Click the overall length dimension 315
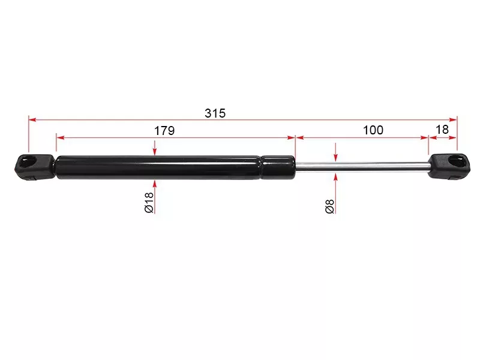[215, 113]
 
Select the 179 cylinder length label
[164, 131]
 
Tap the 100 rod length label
[373, 130]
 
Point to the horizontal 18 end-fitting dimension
[442, 130]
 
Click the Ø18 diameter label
[149, 202]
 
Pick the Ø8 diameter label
[329, 206]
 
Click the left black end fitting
[35, 167]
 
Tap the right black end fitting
[449, 167]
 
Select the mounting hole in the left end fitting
[28, 161]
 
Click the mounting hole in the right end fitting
[457, 161]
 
